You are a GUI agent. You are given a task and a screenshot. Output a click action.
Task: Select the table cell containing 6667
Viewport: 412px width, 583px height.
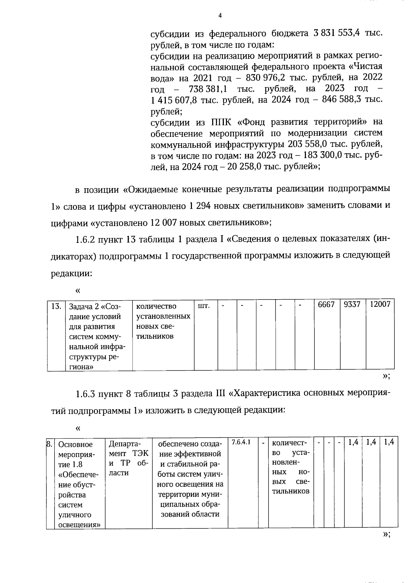(326, 305)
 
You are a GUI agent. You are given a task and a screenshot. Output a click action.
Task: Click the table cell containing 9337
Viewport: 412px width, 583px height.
(352, 305)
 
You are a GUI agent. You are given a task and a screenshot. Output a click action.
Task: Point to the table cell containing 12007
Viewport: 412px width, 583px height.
(380, 305)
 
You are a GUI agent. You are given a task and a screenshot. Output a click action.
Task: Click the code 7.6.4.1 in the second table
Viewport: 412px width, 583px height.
(241, 442)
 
